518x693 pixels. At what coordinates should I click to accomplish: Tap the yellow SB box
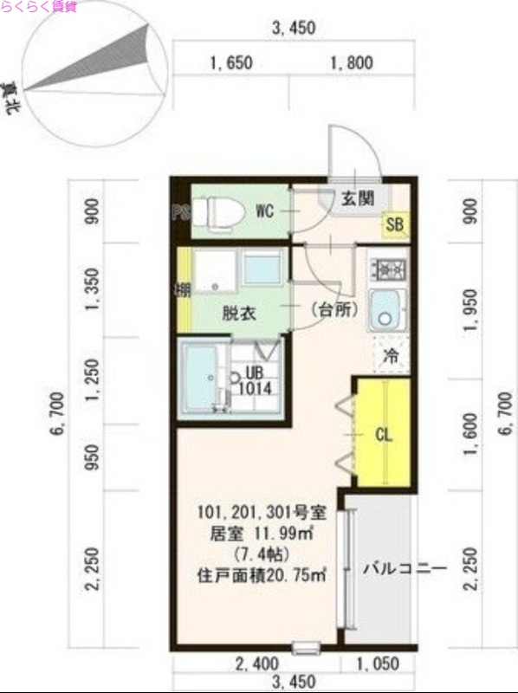pyautogui.click(x=395, y=225)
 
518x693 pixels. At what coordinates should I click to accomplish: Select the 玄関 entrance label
pyautogui.click(x=356, y=198)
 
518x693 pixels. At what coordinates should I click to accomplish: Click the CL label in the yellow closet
pyautogui.click(x=383, y=436)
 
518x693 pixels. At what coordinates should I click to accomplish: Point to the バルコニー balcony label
pyautogui.click(x=404, y=569)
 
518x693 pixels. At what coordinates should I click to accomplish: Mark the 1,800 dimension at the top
pyautogui.click(x=351, y=62)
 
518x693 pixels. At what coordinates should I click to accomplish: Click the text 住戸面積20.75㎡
pyautogui.click(x=261, y=573)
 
